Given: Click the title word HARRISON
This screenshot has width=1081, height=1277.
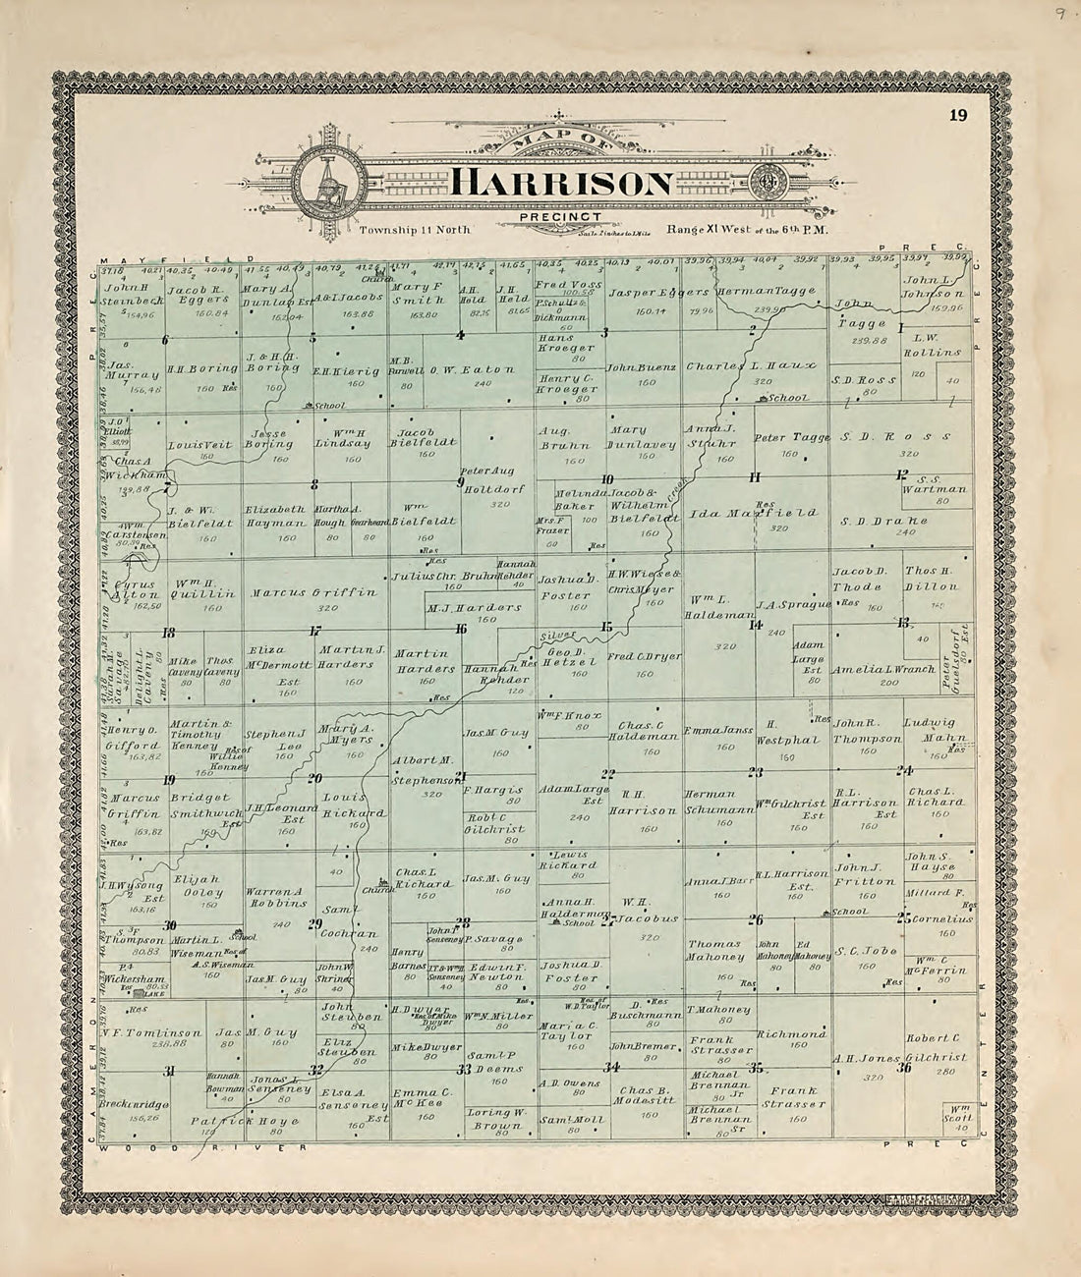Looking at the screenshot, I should (x=562, y=184).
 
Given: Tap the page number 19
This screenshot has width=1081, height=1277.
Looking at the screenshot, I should (x=957, y=116).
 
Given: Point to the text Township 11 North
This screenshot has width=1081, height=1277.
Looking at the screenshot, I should (x=415, y=229).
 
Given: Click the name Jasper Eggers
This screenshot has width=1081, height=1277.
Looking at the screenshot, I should (x=657, y=293).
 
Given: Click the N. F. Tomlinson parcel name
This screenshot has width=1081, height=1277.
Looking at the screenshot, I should (x=151, y=1033).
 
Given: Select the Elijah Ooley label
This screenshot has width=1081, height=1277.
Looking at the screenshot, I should (x=198, y=885).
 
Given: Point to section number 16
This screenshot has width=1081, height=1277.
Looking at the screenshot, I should (x=460, y=629).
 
